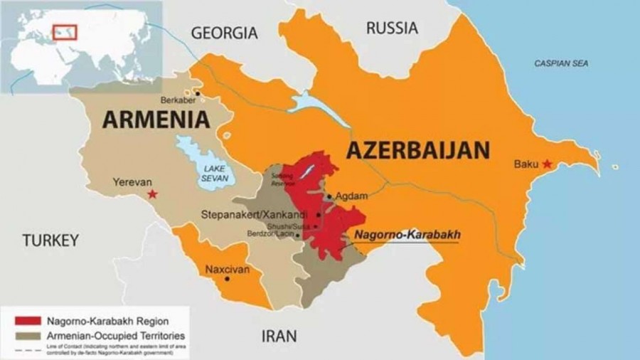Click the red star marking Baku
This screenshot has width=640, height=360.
click(x=546, y=164)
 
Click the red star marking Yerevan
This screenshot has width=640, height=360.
click(x=151, y=194)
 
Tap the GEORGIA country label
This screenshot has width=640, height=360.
click(x=224, y=33)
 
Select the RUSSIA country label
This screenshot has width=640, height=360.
click(x=392, y=28)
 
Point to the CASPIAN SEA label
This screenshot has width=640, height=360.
click(x=562, y=63)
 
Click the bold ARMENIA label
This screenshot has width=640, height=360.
click(x=156, y=119)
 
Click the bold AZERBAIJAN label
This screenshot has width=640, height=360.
click(x=418, y=150)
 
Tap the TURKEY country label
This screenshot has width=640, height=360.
click(x=50, y=240)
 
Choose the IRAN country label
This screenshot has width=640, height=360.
click(x=279, y=336)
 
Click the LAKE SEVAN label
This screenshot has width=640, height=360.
click(x=214, y=173)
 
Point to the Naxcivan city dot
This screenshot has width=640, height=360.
click(x=227, y=278)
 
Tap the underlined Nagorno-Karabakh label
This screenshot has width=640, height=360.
click(x=407, y=234)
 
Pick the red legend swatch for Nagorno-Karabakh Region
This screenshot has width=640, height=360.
click(x=23, y=320)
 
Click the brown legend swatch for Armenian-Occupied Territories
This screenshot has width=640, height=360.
click(x=23, y=334)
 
